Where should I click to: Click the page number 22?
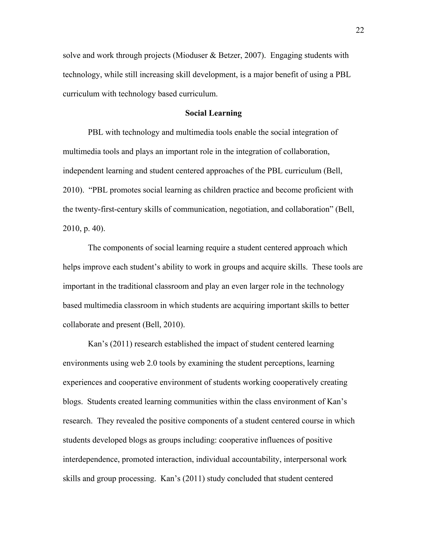360,30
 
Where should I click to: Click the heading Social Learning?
213,113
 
